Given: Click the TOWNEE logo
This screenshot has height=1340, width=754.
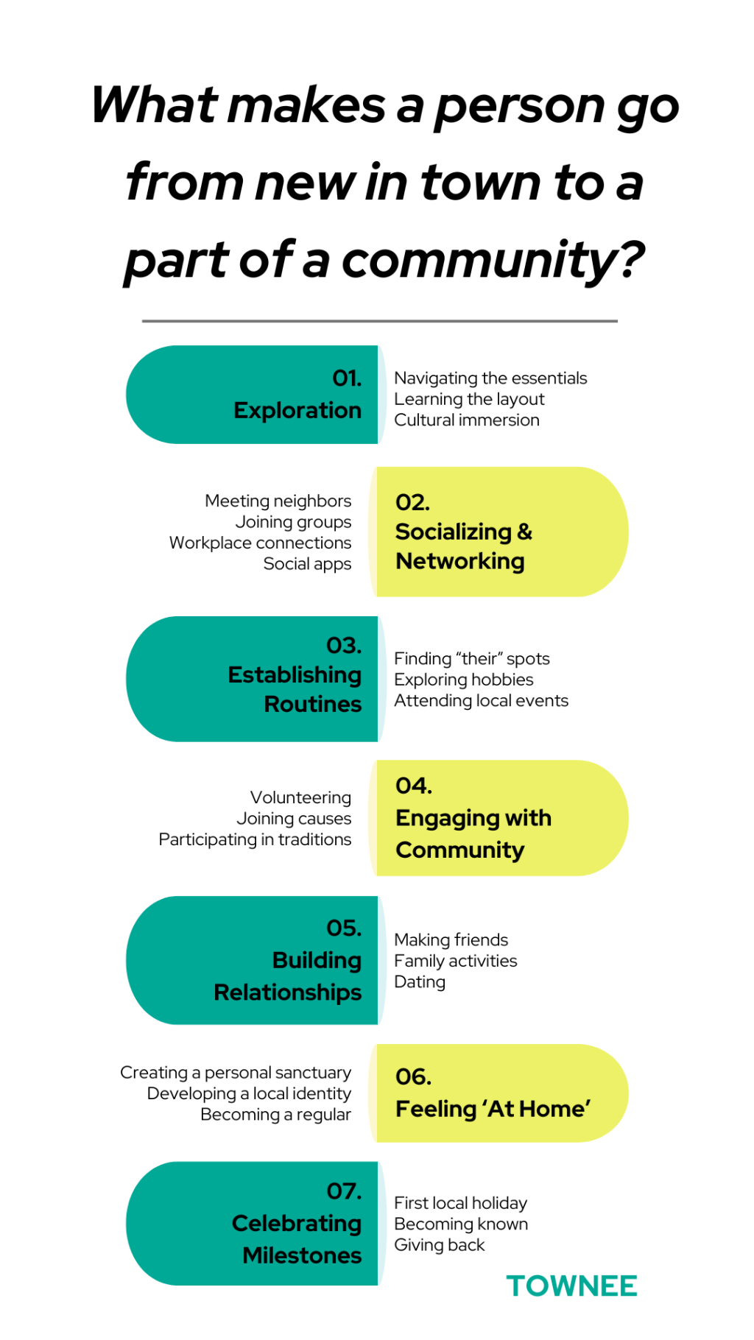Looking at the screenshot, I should (x=571, y=1286).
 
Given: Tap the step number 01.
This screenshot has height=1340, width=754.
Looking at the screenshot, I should (x=347, y=378).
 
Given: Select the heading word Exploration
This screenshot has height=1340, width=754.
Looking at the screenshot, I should (x=297, y=410).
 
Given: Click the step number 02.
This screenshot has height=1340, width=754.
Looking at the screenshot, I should (x=412, y=502).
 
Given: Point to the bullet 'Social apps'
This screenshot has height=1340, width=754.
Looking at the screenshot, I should (x=307, y=564).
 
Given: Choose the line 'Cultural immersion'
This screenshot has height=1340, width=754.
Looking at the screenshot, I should (x=467, y=420).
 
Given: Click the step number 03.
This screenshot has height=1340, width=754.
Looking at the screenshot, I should (x=344, y=646).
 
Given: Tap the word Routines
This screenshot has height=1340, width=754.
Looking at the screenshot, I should (x=313, y=705).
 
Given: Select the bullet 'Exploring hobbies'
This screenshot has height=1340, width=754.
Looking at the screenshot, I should (x=464, y=680).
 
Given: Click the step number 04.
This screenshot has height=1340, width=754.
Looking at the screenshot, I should (x=414, y=786).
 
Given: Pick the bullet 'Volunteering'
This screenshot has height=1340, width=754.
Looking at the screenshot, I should (x=300, y=797).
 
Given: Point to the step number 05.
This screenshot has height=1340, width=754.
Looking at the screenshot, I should (x=344, y=928).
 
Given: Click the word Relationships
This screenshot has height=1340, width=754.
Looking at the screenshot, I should (x=288, y=992).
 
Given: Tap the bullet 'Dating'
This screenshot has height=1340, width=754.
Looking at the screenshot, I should (x=420, y=982).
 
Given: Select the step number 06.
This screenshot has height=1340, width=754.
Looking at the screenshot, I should (x=413, y=1076).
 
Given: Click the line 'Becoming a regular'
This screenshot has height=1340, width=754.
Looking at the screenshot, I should (x=275, y=1115).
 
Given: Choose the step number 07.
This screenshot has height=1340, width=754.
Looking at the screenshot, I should (x=344, y=1191).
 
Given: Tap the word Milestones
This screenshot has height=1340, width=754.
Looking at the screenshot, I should (x=302, y=1255).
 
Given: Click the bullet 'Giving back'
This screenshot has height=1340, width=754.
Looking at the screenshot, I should (x=440, y=1245).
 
